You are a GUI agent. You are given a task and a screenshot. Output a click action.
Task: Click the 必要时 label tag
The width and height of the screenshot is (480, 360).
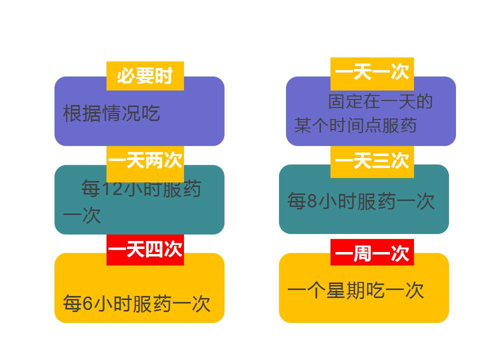click(x=145, y=76)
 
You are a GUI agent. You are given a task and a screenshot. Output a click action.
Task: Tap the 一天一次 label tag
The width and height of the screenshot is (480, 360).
click(x=372, y=73)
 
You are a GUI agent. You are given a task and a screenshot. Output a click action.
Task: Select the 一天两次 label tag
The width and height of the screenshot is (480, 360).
click(x=145, y=161)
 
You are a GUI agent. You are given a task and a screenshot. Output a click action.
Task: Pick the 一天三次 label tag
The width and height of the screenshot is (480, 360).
click(x=372, y=161)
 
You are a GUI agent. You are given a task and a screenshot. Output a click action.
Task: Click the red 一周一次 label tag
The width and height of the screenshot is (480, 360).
click(x=372, y=254)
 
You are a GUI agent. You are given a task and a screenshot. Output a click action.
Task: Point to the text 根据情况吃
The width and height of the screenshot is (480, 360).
click(x=111, y=113)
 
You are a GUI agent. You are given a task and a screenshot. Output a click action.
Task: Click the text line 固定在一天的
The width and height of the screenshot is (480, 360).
click(x=380, y=102)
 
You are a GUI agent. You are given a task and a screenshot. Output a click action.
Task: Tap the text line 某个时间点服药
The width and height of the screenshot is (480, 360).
click(x=355, y=125)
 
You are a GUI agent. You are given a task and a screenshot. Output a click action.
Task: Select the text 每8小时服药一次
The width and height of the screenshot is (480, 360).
click(x=361, y=201)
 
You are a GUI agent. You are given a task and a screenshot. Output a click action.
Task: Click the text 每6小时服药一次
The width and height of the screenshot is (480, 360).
click(x=136, y=303)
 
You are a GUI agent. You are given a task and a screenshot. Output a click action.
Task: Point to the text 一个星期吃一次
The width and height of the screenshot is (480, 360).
click(x=355, y=290)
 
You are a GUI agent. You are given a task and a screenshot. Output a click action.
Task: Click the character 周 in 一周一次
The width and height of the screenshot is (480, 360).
click(x=362, y=254)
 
